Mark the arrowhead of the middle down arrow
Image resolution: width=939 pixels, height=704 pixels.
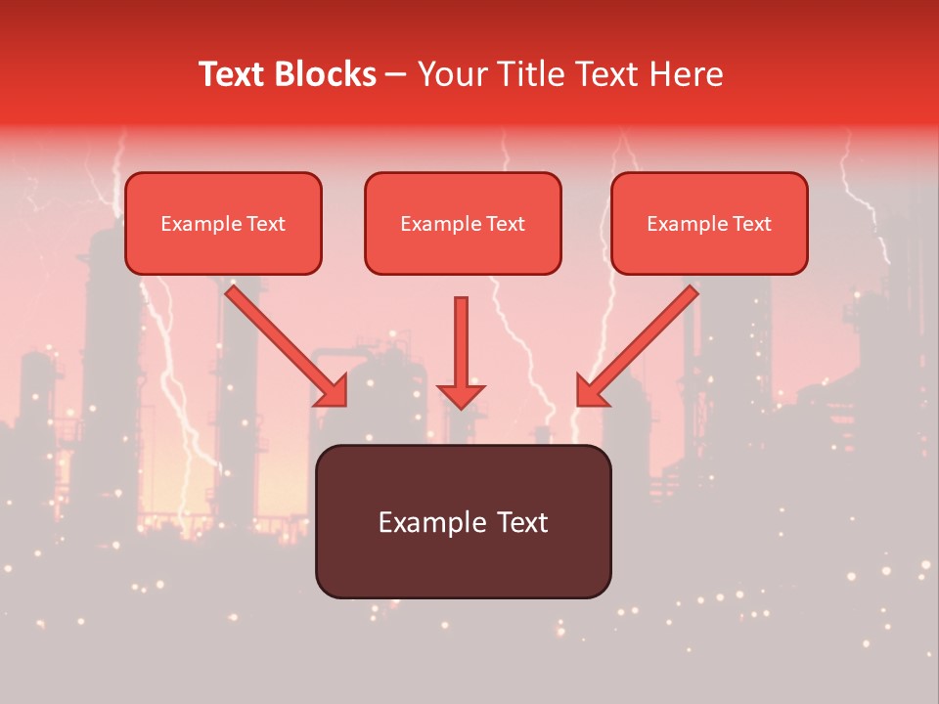click(x=461, y=395)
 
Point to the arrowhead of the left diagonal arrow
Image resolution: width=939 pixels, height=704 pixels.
click(x=333, y=391)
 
